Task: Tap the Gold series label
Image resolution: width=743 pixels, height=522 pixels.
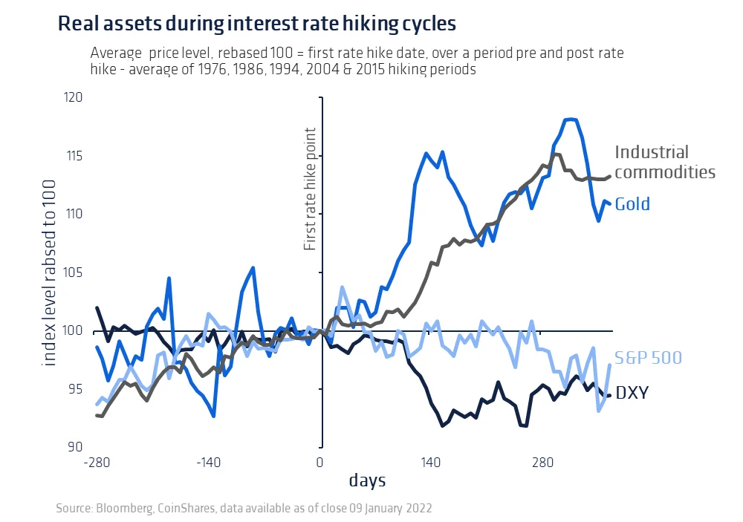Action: coord(632,204)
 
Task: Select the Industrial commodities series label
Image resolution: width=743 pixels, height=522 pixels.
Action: coord(664,163)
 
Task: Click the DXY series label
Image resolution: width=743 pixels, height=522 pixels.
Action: coord(632,392)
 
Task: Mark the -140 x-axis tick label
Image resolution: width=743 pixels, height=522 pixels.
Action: coord(209,463)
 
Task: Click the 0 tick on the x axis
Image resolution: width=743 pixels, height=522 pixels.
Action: coord(320,463)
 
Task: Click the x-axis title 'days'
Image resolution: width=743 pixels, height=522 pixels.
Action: coord(367,481)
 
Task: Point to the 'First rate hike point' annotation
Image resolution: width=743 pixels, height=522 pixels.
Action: coord(311,189)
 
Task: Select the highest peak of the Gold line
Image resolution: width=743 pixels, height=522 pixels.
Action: coord(571,119)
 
